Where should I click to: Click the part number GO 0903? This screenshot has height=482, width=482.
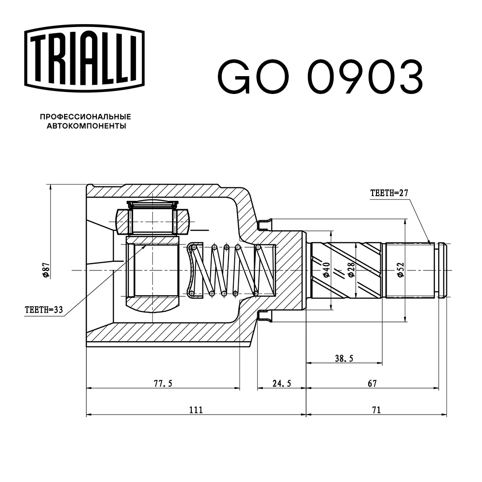tap(321, 77)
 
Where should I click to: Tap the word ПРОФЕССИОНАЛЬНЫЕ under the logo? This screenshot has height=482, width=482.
tap(85, 117)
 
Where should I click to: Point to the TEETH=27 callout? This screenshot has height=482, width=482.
tap(389, 193)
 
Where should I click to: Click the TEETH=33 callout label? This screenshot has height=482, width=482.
tap(44, 310)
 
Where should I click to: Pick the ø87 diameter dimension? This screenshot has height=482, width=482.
tap(44, 271)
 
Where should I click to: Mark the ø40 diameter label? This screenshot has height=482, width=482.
tap(326, 270)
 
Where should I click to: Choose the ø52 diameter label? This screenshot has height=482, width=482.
tap(401, 270)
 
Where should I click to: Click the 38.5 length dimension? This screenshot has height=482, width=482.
tap(344, 358)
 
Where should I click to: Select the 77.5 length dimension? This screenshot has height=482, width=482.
tap(163, 384)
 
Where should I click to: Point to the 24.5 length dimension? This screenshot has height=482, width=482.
tap(281, 384)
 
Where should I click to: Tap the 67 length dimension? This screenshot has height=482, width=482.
tap(372, 384)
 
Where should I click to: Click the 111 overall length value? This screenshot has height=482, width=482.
tap(195, 410)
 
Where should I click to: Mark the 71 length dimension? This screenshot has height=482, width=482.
tap(376, 410)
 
